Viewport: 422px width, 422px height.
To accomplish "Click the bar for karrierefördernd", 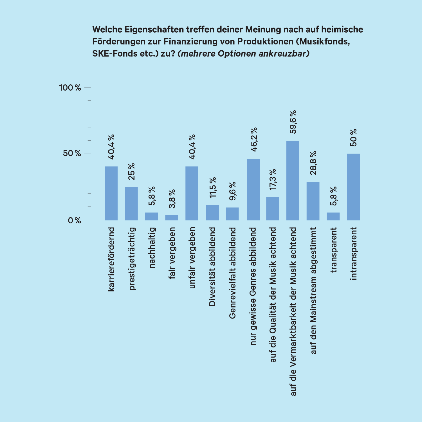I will pyautogui.click(x=111, y=193).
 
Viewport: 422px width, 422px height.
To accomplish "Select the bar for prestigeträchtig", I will pyautogui.click(x=131, y=203).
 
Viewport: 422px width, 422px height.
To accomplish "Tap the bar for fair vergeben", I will pyautogui.click(x=172, y=217).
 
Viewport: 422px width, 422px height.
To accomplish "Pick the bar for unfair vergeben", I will pyautogui.click(x=192, y=193).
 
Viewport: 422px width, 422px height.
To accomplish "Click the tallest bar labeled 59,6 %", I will pyautogui.click(x=293, y=180).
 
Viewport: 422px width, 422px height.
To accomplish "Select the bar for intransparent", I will pyautogui.click(x=353, y=187).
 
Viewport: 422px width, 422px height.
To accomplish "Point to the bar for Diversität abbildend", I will pyautogui.click(x=213, y=212).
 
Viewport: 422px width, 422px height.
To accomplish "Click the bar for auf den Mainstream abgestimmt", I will pyautogui.click(x=313, y=201).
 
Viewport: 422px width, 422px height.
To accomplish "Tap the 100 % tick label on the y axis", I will pyautogui.click(x=70, y=88).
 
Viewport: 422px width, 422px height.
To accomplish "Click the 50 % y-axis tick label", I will pyautogui.click(x=72, y=154).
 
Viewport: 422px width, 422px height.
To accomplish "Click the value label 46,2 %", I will pyautogui.click(x=254, y=140).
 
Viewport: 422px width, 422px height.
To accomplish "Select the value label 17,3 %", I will pyautogui.click(x=273, y=179).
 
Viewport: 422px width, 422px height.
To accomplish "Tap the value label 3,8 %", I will pyautogui.click(x=172, y=199).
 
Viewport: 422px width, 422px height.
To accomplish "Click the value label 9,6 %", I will pyautogui.click(x=232, y=191).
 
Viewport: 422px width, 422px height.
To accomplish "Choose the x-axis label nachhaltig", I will pyautogui.click(x=152, y=248).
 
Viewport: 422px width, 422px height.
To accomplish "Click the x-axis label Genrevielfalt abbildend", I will pyautogui.click(x=232, y=273).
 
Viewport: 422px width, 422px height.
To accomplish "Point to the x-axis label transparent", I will pyautogui.click(x=333, y=250).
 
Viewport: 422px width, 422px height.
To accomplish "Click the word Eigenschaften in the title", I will pyautogui.click(x=154, y=30).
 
